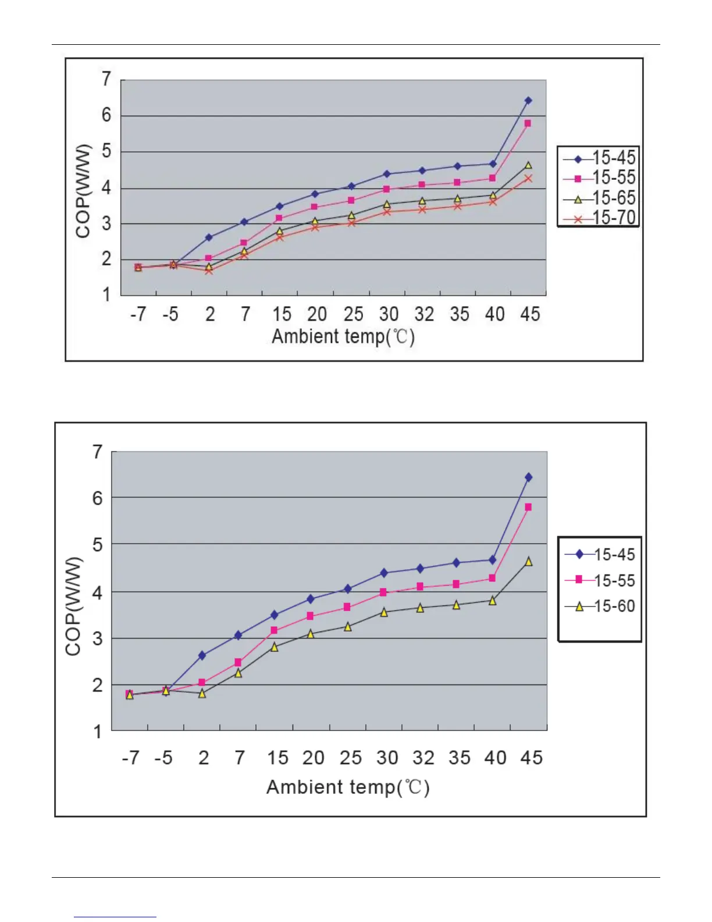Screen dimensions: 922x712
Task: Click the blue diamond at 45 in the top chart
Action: coord(528,101)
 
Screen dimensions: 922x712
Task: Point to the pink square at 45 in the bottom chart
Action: coord(528,507)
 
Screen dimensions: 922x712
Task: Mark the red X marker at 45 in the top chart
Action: coord(528,178)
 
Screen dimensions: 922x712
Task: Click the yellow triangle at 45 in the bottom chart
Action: coord(528,561)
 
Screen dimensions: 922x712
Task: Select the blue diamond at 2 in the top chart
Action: coord(209,237)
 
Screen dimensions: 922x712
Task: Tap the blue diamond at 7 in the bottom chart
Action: coord(238,635)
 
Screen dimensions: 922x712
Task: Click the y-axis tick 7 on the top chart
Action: coord(106,79)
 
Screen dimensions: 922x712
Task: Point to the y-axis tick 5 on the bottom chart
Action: coord(98,545)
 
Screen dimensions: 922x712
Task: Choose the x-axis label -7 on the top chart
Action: coord(138,314)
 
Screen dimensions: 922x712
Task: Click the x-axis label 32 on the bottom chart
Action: coord(423,758)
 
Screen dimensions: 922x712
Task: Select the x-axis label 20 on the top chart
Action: coord(317,314)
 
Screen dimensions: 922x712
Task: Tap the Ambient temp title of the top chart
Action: coord(343,337)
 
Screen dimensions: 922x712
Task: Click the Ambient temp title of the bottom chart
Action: coord(348,787)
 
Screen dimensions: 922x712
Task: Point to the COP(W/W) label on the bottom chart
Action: coord(73,606)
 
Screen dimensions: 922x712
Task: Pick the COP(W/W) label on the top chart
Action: coord(84,190)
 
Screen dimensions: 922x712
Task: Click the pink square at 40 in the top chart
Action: coord(492,178)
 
